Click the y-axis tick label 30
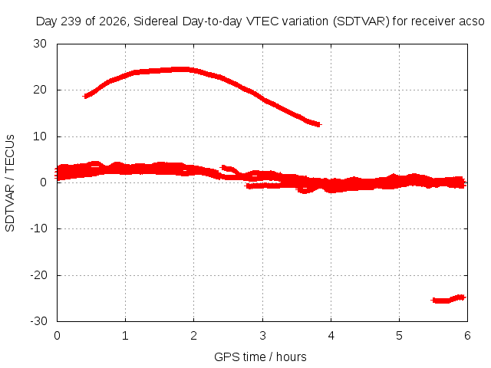(40, 44)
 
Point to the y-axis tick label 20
(40, 90)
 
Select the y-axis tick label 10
(40, 136)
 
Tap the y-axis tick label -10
(38, 228)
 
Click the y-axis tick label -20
(38, 275)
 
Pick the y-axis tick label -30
(38, 321)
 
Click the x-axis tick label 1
(125, 336)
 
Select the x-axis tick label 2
(194, 336)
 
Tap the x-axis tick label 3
(262, 336)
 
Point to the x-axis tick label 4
(331, 336)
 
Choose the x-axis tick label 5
(399, 336)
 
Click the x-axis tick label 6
(467, 336)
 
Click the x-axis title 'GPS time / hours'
(260, 356)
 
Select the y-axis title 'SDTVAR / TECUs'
(10, 183)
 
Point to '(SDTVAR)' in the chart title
(361, 21)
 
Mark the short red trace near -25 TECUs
(448, 300)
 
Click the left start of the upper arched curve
(85, 96)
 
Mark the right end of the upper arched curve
(319, 124)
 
